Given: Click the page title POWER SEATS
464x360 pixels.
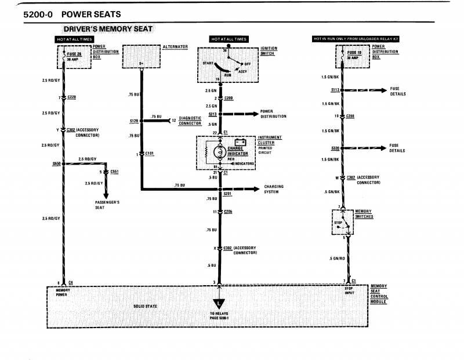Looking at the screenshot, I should [x=85, y=13].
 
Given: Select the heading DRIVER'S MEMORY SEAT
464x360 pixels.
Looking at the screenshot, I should [x=108, y=29].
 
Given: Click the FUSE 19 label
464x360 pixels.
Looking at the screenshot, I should [x=351, y=53].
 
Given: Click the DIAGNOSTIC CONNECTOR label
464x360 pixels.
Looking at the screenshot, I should [x=190, y=121].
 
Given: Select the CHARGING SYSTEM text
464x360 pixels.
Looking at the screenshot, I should [x=274, y=189].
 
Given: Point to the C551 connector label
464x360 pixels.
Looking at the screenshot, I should [x=114, y=172].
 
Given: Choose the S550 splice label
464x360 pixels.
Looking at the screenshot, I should [x=56, y=164].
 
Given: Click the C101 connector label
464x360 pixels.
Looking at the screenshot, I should [x=150, y=154].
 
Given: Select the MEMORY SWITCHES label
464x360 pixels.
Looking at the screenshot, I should [x=364, y=214].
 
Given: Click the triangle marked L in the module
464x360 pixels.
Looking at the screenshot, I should [x=218, y=304].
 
